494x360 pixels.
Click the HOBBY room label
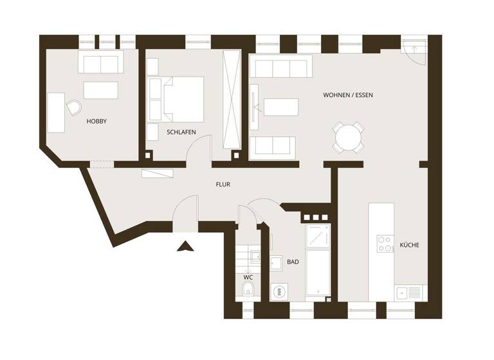pos(96,121)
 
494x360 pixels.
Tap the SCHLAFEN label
pos(181,132)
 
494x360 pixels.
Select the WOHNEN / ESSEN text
pos(347,95)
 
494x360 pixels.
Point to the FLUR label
pos(223,184)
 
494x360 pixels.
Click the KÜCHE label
pos(409,245)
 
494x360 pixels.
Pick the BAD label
pos(293,262)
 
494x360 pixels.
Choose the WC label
pos(248,277)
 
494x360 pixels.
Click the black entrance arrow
pos(185,246)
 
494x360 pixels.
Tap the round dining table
pos(348,137)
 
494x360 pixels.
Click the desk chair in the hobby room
pos(75,108)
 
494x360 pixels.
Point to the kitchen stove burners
pos(385,244)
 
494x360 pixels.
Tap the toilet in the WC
pos(248,291)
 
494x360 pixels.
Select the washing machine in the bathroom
pos(280,291)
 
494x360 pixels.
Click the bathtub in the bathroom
pos(317,273)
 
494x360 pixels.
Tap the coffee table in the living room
pos(281,107)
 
